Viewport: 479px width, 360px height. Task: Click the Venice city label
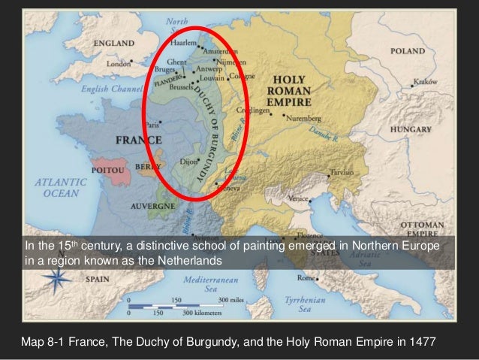tap(300, 198)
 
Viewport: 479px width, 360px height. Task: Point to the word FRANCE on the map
tap(137, 140)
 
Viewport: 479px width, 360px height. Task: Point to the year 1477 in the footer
tap(420, 343)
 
